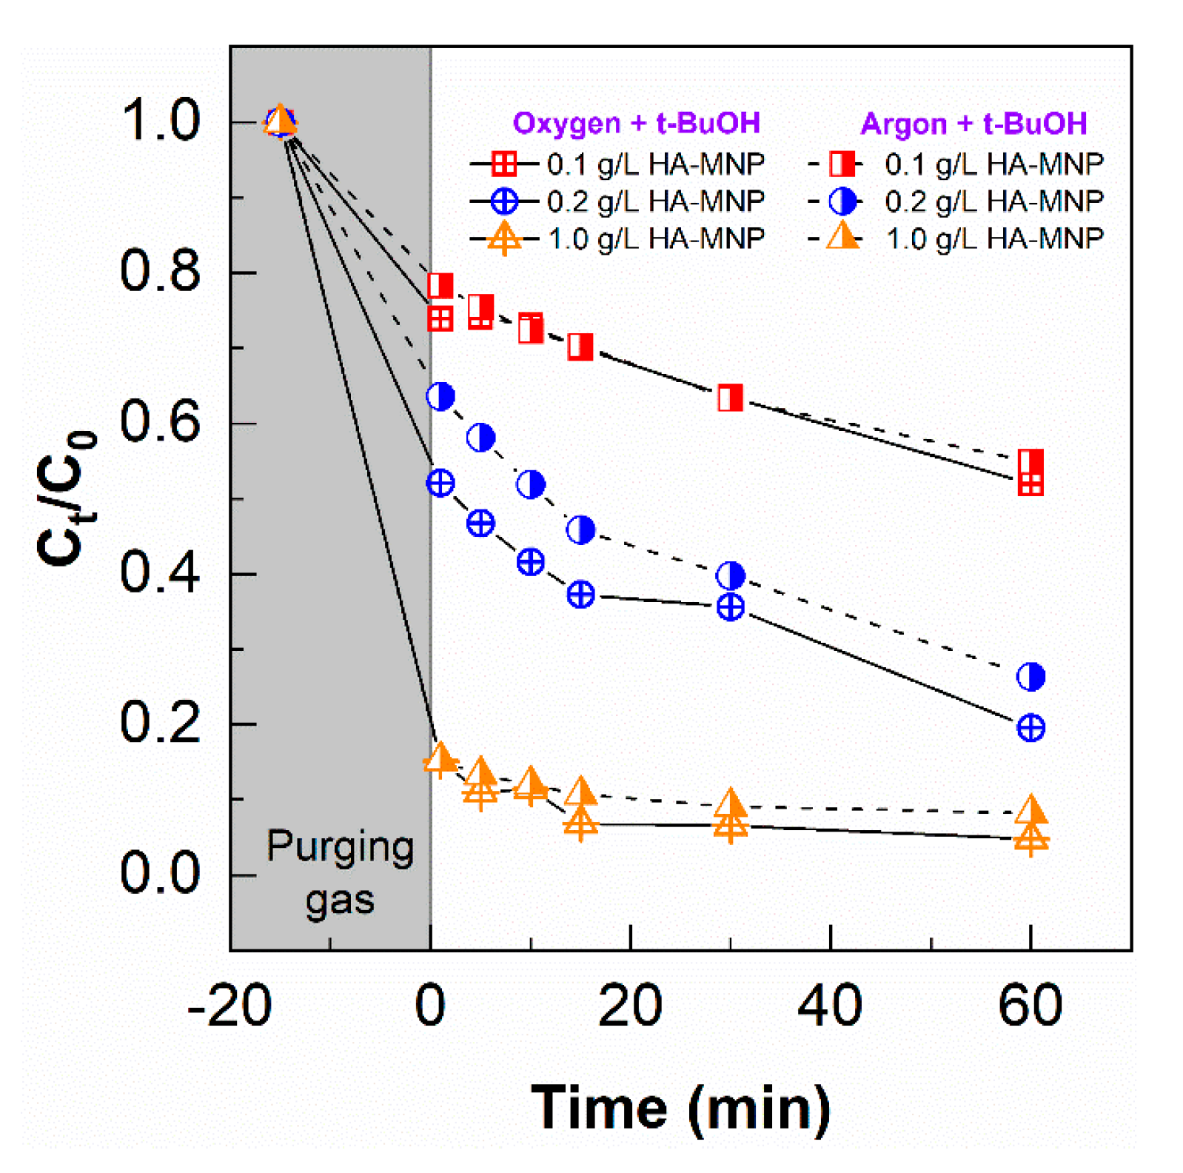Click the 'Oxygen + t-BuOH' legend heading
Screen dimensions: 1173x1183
(636, 123)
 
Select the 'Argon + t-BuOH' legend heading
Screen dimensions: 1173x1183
(973, 124)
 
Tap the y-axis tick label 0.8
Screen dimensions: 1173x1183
(159, 271)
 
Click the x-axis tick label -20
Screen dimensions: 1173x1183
(229, 1006)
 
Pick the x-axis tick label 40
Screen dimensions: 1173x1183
(829, 1006)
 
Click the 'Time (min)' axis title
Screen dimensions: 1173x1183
(680, 1108)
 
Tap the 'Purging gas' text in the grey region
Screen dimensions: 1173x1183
(340, 873)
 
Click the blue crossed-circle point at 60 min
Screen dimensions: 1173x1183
(1030, 728)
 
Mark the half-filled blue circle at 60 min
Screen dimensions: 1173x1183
(1030, 676)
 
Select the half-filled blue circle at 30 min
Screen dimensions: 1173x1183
(730, 575)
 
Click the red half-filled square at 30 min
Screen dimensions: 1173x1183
(730, 398)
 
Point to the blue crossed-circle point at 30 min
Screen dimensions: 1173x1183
(730, 607)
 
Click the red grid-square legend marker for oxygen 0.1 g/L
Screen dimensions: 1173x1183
(504, 163)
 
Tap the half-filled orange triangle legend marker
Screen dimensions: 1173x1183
(842, 238)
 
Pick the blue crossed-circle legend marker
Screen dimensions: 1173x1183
(504, 201)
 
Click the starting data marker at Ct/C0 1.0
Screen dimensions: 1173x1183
(280, 121)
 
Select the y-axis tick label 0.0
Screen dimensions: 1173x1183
(159, 873)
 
